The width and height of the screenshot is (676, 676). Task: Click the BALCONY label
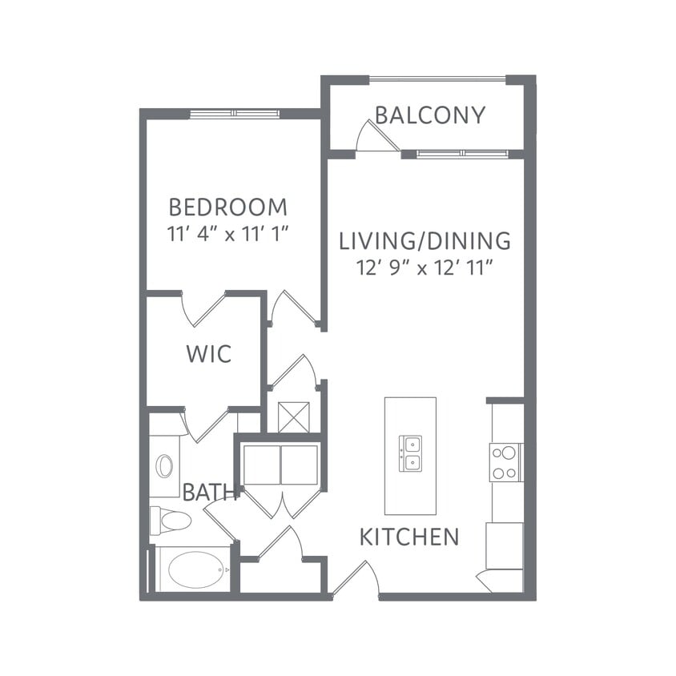click(430, 115)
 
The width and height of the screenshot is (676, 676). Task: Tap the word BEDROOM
click(227, 207)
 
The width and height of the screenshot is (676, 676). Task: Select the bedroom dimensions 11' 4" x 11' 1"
click(227, 234)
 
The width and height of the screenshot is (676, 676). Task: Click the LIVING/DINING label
click(425, 240)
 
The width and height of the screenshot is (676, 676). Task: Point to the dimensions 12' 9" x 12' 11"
click(425, 267)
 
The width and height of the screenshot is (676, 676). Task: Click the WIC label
click(209, 353)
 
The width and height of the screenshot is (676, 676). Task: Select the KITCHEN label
click(409, 537)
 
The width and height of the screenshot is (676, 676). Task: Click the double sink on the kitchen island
click(410, 453)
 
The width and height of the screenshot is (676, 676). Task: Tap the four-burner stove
click(505, 462)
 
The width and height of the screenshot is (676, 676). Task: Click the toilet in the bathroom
click(171, 521)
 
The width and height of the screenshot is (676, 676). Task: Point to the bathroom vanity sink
click(164, 465)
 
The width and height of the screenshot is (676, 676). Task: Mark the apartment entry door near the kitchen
click(356, 578)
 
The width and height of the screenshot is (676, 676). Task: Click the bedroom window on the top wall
click(234, 114)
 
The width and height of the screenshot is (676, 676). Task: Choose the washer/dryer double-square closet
click(280, 465)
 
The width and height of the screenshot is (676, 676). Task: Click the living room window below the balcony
click(462, 153)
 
